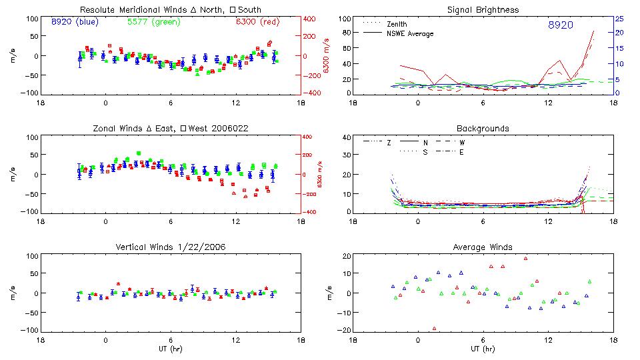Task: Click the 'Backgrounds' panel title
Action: point(483,128)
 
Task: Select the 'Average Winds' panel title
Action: point(483,247)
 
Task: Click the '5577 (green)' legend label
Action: point(152,22)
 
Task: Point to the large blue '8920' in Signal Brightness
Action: point(560,25)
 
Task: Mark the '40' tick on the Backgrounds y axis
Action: point(346,138)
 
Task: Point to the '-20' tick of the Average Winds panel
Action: point(345,330)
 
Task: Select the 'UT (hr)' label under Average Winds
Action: point(483,349)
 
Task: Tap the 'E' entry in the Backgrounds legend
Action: point(461,152)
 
